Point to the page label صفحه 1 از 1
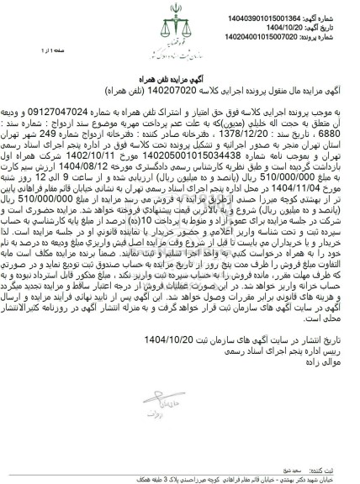pyautogui.click(x=29, y=51)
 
